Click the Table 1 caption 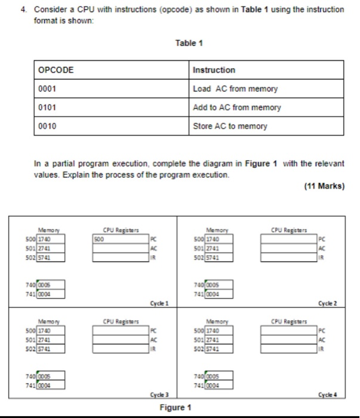(189, 43)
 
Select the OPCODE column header (56, 70)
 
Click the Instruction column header (214, 70)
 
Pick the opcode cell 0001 (47, 89)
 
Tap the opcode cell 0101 (47, 107)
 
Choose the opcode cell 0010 (47, 126)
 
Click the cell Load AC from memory (235, 89)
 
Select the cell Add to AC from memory (237, 107)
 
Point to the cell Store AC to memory (230, 126)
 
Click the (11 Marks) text (324, 186)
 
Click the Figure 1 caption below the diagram (175, 408)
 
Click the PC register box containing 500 (120, 239)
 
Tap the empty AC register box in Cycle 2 (289, 248)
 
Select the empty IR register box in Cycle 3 (120, 349)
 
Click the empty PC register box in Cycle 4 (289, 331)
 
